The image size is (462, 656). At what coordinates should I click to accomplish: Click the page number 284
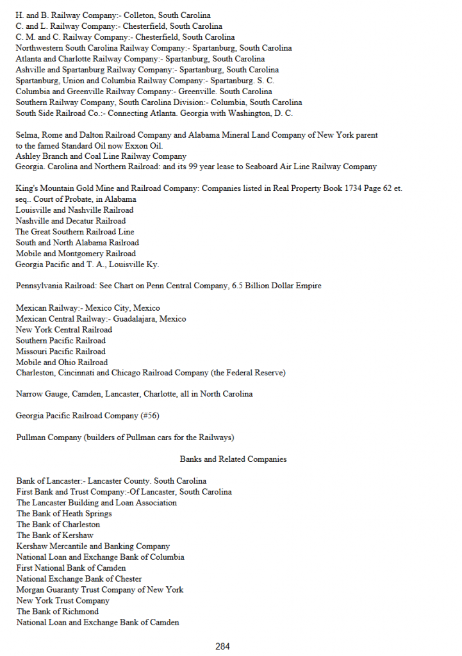(x=222, y=646)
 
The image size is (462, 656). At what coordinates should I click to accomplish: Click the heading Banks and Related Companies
(x=233, y=459)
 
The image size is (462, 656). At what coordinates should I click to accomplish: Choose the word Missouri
(x=31, y=352)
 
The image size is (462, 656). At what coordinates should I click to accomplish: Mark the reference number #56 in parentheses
(x=149, y=416)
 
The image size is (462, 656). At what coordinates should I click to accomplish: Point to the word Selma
(x=26, y=135)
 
